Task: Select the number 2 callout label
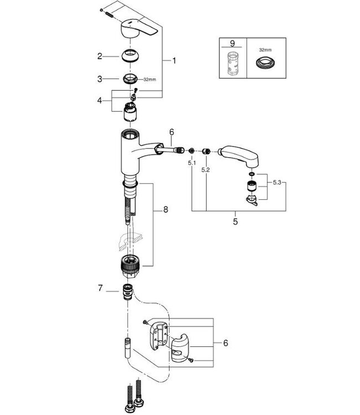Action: click(x=100, y=56)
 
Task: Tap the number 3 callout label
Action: click(x=100, y=79)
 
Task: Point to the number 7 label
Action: click(x=100, y=288)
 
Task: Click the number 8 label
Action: click(x=164, y=210)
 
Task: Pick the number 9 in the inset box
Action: click(x=232, y=42)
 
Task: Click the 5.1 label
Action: click(x=191, y=163)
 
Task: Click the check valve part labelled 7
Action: click(x=128, y=290)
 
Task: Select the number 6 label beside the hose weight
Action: click(x=226, y=344)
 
